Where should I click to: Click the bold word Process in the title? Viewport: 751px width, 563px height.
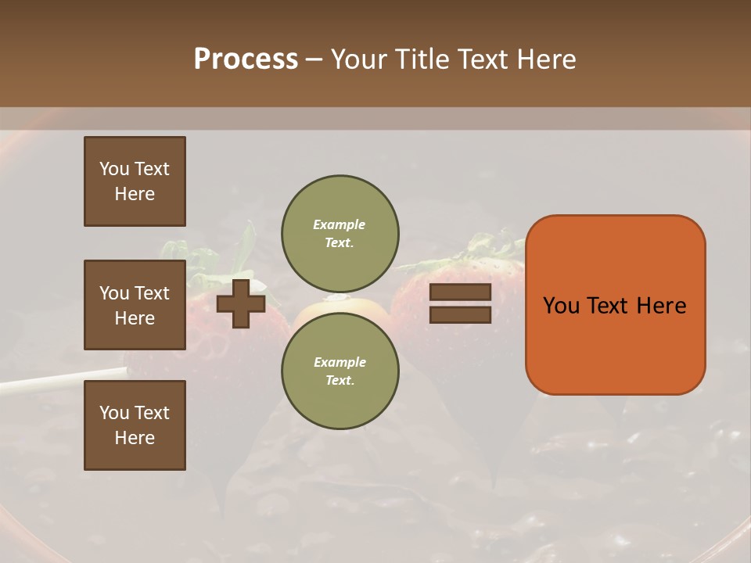246,59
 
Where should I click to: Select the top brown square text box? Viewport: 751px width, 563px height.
135,181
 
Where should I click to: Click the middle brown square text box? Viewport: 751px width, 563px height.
135,305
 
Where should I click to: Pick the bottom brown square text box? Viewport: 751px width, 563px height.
135,425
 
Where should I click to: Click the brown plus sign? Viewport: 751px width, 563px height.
241,303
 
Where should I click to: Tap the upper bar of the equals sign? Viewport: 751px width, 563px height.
461,292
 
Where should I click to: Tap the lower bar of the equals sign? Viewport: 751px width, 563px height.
461,315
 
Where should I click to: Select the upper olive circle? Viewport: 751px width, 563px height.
340,233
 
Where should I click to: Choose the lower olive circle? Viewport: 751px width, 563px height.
340,371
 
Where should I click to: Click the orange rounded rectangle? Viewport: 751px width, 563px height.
615,305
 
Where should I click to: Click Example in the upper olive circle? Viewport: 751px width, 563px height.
339,224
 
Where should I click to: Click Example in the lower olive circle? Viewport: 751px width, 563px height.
340,362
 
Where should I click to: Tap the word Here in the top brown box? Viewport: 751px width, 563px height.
135,194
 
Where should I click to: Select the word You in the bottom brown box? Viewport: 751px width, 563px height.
114,412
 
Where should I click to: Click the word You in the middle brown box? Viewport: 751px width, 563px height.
114,293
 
